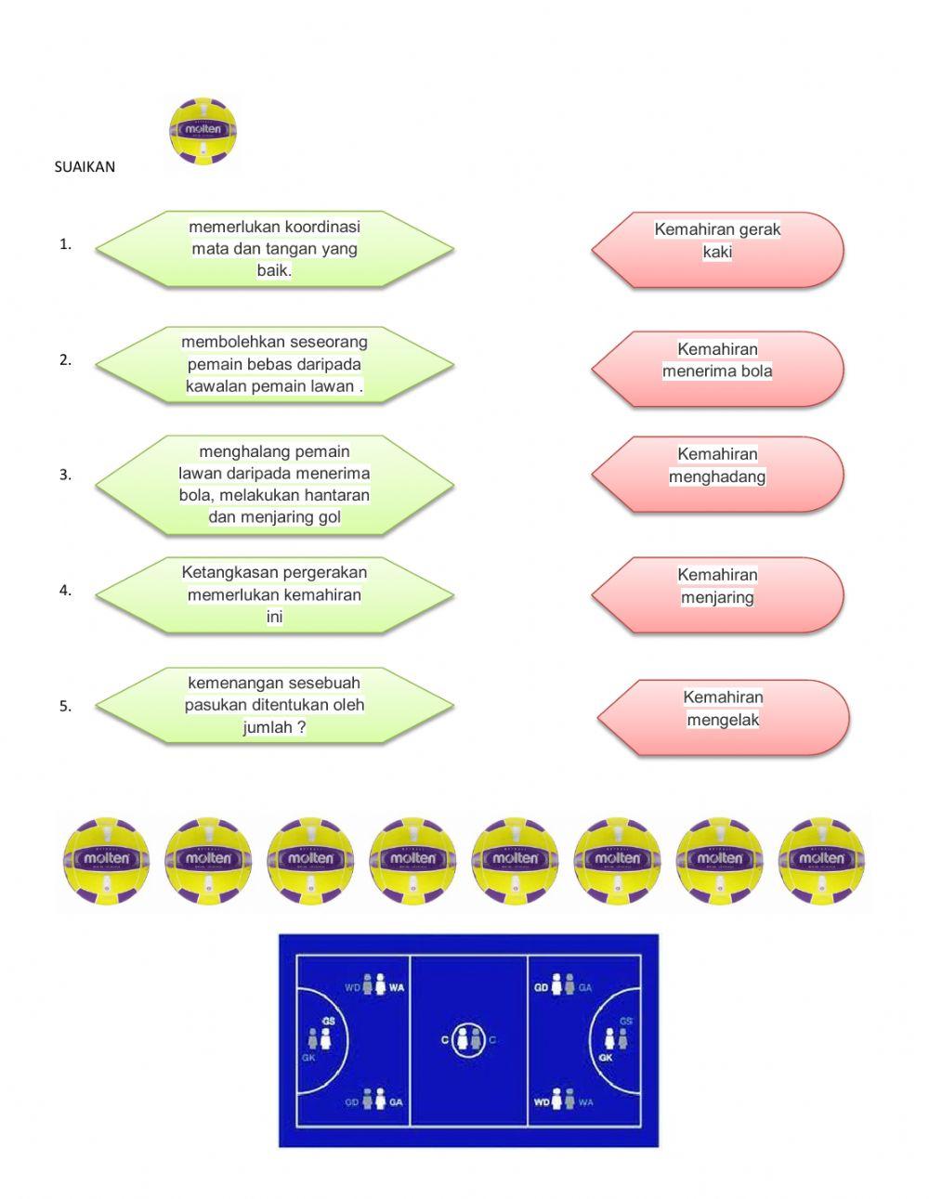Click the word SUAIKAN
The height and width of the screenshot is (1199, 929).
click(85, 167)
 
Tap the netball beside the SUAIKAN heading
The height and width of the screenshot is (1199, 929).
click(203, 131)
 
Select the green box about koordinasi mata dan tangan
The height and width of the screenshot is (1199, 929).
click(274, 249)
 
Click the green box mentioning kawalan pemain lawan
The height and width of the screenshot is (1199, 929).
click(274, 364)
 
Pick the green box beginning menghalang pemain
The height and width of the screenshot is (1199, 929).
click(274, 484)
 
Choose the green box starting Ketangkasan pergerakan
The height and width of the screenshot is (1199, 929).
click(274, 594)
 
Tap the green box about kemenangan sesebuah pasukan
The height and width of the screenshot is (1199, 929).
click(274, 705)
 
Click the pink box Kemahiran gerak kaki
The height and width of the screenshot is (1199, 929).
click(717, 249)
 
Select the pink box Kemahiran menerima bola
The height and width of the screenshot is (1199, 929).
click(717, 369)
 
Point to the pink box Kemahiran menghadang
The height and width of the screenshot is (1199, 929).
click(717, 474)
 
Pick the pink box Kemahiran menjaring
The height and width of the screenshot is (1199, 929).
click(717, 594)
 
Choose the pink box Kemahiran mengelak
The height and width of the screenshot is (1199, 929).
click(723, 717)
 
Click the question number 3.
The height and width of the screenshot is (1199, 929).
click(65, 475)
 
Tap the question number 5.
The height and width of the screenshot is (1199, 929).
click(65, 706)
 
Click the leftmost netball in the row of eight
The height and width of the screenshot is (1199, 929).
click(106, 861)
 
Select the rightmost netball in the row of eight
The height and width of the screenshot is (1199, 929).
click(821, 861)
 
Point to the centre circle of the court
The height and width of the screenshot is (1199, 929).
click(468, 1040)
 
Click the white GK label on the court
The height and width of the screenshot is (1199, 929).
click(606, 1058)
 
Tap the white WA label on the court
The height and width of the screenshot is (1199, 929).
click(397, 987)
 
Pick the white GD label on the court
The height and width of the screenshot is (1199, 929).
click(541, 987)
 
